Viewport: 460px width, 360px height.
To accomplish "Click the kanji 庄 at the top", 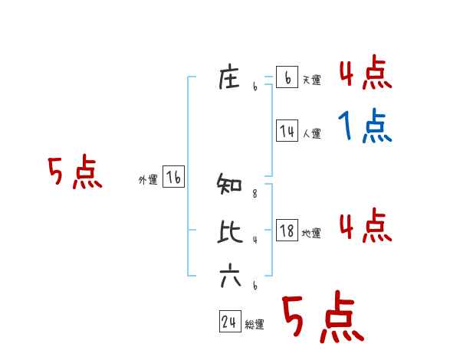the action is point(230,78).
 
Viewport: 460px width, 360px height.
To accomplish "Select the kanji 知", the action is point(230,185).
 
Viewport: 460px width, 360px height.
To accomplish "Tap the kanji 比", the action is point(230,231).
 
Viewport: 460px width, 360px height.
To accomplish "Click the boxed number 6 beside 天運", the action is point(287,77).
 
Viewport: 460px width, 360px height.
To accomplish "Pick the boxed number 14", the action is point(287,131).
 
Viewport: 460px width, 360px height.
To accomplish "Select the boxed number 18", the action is point(287,230).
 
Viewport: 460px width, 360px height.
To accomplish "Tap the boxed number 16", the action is point(173,178).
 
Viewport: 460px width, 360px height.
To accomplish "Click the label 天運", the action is point(311,80).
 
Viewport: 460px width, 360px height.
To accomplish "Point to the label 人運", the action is point(311,133).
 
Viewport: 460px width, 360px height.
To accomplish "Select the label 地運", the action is point(311,233).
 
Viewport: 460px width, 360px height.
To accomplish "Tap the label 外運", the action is point(148,180).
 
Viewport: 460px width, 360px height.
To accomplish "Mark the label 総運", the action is point(255,325).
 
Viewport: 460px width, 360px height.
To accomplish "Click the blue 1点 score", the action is point(365,126).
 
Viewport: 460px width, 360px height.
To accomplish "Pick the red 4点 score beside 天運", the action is point(365,74).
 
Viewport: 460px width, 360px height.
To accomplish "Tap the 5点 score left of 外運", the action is point(74,172).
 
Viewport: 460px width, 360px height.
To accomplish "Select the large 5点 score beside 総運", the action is point(322,318).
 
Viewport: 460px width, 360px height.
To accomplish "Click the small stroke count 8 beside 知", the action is point(255,195).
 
